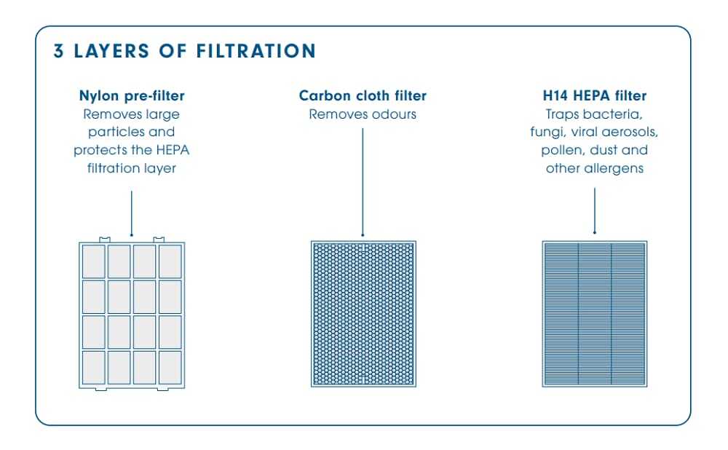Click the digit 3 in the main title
click(x=58, y=51)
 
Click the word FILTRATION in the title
click(x=256, y=51)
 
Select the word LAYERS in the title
click(x=111, y=51)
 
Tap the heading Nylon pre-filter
click(x=132, y=95)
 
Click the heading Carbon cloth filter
click(x=363, y=95)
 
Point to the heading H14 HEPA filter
click(x=595, y=95)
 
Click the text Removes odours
click(x=363, y=114)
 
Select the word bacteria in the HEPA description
click(x=613, y=114)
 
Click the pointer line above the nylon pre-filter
click(x=131, y=213)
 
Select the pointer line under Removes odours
click(x=363, y=183)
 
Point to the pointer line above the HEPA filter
click(x=594, y=211)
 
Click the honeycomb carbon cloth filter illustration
click(x=363, y=314)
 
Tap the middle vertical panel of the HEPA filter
click(x=595, y=314)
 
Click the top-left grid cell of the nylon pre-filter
click(x=94, y=261)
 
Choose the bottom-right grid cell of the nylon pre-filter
click(x=170, y=368)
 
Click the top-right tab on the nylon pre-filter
click(x=159, y=240)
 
